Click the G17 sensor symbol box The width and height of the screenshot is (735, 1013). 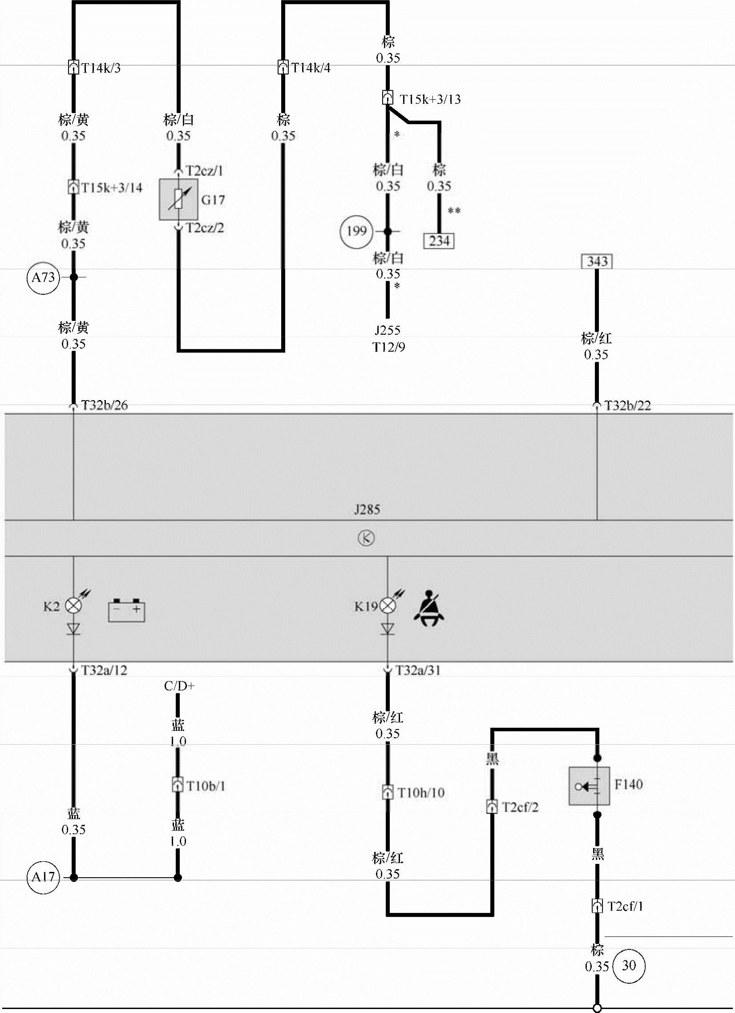[178, 200]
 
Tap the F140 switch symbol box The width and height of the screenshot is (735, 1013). [589, 786]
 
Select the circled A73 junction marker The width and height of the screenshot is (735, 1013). [43, 277]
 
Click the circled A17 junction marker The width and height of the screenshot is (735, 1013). [43, 877]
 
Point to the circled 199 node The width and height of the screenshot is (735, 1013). [356, 231]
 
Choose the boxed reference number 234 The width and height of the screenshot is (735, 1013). [439, 241]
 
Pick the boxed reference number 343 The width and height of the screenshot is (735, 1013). [597, 261]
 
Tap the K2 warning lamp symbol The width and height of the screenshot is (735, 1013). [74, 606]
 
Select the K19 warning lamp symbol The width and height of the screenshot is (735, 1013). [388, 606]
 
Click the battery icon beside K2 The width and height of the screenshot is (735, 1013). [126, 610]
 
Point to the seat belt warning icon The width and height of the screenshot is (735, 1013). [428, 608]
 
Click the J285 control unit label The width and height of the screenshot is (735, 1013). [367, 510]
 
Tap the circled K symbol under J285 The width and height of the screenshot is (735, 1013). [366, 538]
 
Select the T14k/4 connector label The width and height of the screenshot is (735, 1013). [311, 68]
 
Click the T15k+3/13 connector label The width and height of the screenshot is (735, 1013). [430, 99]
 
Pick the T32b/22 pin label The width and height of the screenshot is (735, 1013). [627, 405]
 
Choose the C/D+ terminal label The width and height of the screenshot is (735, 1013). [179, 686]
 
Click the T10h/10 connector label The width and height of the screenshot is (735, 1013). [421, 793]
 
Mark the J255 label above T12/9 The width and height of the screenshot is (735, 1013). [388, 331]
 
